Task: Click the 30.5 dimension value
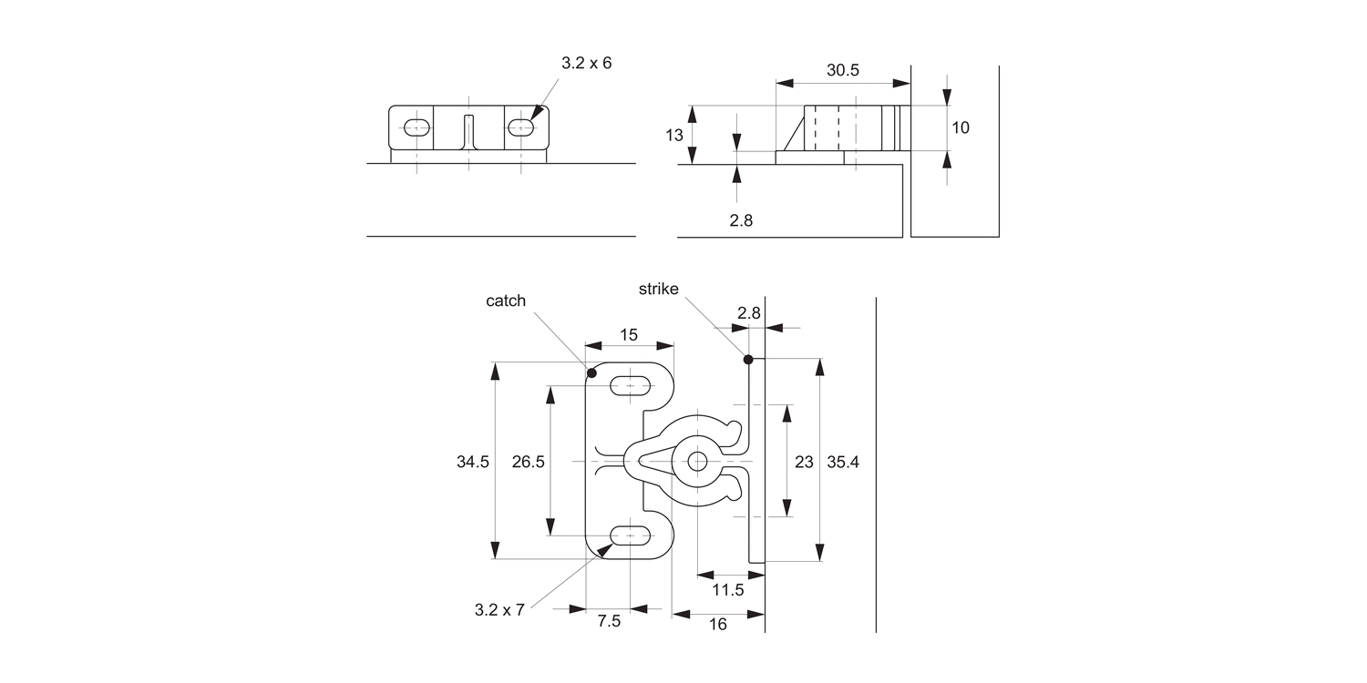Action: click(x=843, y=70)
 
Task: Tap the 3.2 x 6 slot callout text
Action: click(x=586, y=64)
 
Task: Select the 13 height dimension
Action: click(x=674, y=135)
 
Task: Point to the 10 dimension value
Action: click(x=961, y=127)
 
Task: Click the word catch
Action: click(x=506, y=301)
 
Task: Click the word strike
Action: click(x=658, y=289)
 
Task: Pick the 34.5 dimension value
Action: click(x=473, y=462)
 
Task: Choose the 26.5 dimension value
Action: click(x=528, y=462)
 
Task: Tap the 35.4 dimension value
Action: click(x=843, y=462)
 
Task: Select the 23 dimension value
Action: click(x=804, y=462)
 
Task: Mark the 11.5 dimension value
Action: click(x=728, y=589)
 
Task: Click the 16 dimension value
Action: click(x=718, y=625)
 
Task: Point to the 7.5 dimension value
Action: click(x=609, y=622)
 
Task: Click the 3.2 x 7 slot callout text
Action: click(x=499, y=610)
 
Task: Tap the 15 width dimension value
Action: click(x=629, y=334)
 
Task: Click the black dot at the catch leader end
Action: click(x=592, y=372)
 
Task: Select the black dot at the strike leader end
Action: click(x=748, y=359)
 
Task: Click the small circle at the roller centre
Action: click(x=697, y=461)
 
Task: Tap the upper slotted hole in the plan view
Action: click(x=630, y=385)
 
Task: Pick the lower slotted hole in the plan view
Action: click(x=630, y=536)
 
